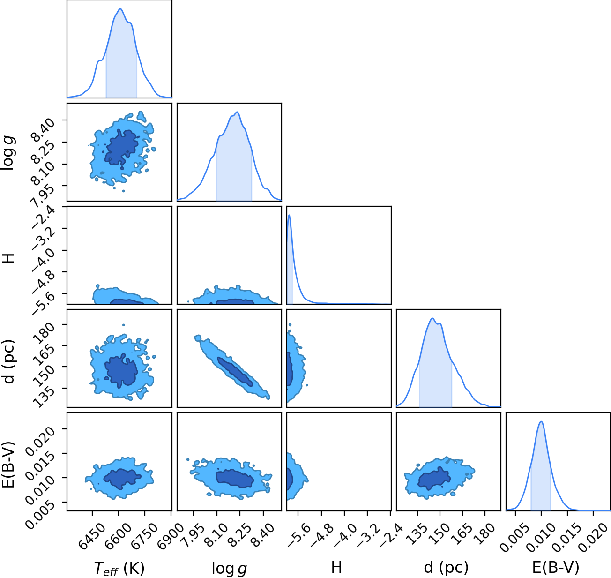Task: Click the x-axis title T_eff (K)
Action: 119,568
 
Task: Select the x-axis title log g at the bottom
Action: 229,569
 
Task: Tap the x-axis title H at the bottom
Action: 336,567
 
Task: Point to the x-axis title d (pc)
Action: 446,568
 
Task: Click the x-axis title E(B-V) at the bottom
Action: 556,568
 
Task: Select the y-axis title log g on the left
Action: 8,152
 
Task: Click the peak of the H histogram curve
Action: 290,215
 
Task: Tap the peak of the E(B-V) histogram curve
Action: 541,421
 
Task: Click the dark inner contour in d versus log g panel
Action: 235,372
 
